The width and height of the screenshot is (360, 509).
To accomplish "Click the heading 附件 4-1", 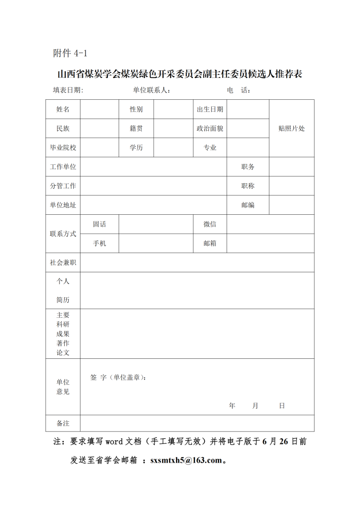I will pos(70,53).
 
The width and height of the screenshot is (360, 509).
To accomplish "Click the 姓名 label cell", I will pos(63,109).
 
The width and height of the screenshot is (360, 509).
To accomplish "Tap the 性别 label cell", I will pos(136,109).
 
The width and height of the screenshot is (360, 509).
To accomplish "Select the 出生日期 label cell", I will pos(210,109).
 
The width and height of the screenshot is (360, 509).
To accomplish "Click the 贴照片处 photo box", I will pos(291,128).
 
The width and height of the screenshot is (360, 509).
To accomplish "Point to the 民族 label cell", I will pos(63,128).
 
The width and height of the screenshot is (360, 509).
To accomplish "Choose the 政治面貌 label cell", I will pos(210,128).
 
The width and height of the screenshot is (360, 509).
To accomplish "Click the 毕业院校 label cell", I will pos(63,148).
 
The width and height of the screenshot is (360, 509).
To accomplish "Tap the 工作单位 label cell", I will pos(63,167).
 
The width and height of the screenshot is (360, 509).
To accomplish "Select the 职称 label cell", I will pos(247,186).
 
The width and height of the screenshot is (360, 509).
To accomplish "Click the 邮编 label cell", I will pos(247,205).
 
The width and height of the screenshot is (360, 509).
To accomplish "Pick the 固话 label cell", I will pos(99,224).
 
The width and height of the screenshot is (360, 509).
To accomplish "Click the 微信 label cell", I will pos(210,224).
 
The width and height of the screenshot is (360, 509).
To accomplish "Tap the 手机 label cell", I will pos(99,243).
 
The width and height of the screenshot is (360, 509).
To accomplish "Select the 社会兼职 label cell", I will pos(63,263).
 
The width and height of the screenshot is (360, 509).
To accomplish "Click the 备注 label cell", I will pos(63,423).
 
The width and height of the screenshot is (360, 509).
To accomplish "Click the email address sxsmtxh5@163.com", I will pos(186,460).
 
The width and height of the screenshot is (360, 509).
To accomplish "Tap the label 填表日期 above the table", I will pos(68,90).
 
